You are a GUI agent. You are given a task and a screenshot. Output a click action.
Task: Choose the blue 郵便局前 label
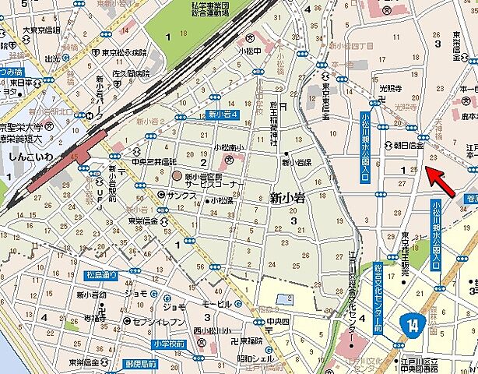pyautogui.click(x=140, y=364)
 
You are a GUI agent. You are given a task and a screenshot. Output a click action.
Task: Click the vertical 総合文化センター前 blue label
pyautogui.click(x=379, y=292)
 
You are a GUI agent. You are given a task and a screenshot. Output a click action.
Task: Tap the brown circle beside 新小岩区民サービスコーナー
pyautogui.click(x=176, y=176)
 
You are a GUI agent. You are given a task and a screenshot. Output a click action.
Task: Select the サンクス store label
pyautogui.click(x=184, y=194)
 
